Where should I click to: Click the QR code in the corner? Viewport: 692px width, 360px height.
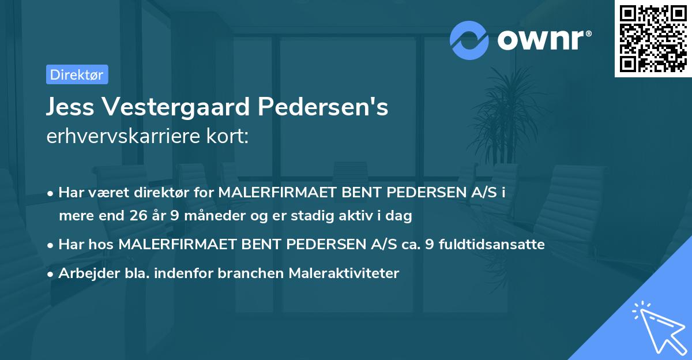pyautogui.click(x=653, y=39)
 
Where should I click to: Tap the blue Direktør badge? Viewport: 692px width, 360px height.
pyautogui.click(x=77, y=74)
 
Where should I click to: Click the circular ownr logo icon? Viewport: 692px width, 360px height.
pyautogui.click(x=469, y=40)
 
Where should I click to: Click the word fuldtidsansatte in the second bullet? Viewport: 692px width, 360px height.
pyautogui.click(x=492, y=245)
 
